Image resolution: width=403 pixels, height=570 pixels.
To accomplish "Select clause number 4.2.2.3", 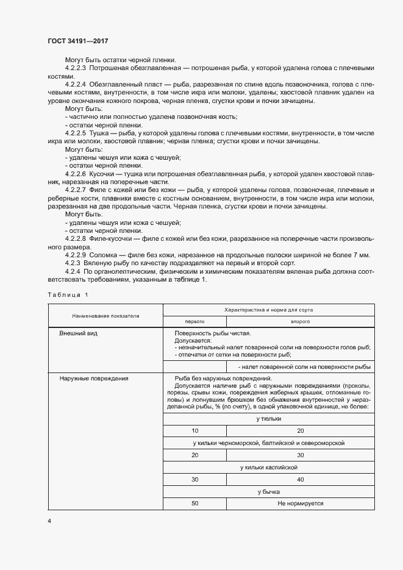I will tap(76, 68).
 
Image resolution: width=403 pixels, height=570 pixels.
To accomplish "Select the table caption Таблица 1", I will tap(68, 295).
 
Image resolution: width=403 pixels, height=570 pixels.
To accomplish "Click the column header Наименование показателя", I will tap(105, 316).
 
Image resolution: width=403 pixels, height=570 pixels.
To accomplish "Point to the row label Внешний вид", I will tap(78, 334).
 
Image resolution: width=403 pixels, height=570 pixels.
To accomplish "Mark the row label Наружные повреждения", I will tap(93, 379).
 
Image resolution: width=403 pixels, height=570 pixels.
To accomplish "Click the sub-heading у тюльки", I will tap(268, 419).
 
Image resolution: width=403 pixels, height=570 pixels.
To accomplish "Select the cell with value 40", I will tap(300, 480).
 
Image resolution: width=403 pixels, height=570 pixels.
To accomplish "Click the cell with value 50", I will tap(194, 504).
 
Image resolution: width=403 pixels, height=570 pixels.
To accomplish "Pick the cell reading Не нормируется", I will tap(300, 504).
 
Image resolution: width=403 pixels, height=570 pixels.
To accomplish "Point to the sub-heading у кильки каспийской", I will tap(268, 467).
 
